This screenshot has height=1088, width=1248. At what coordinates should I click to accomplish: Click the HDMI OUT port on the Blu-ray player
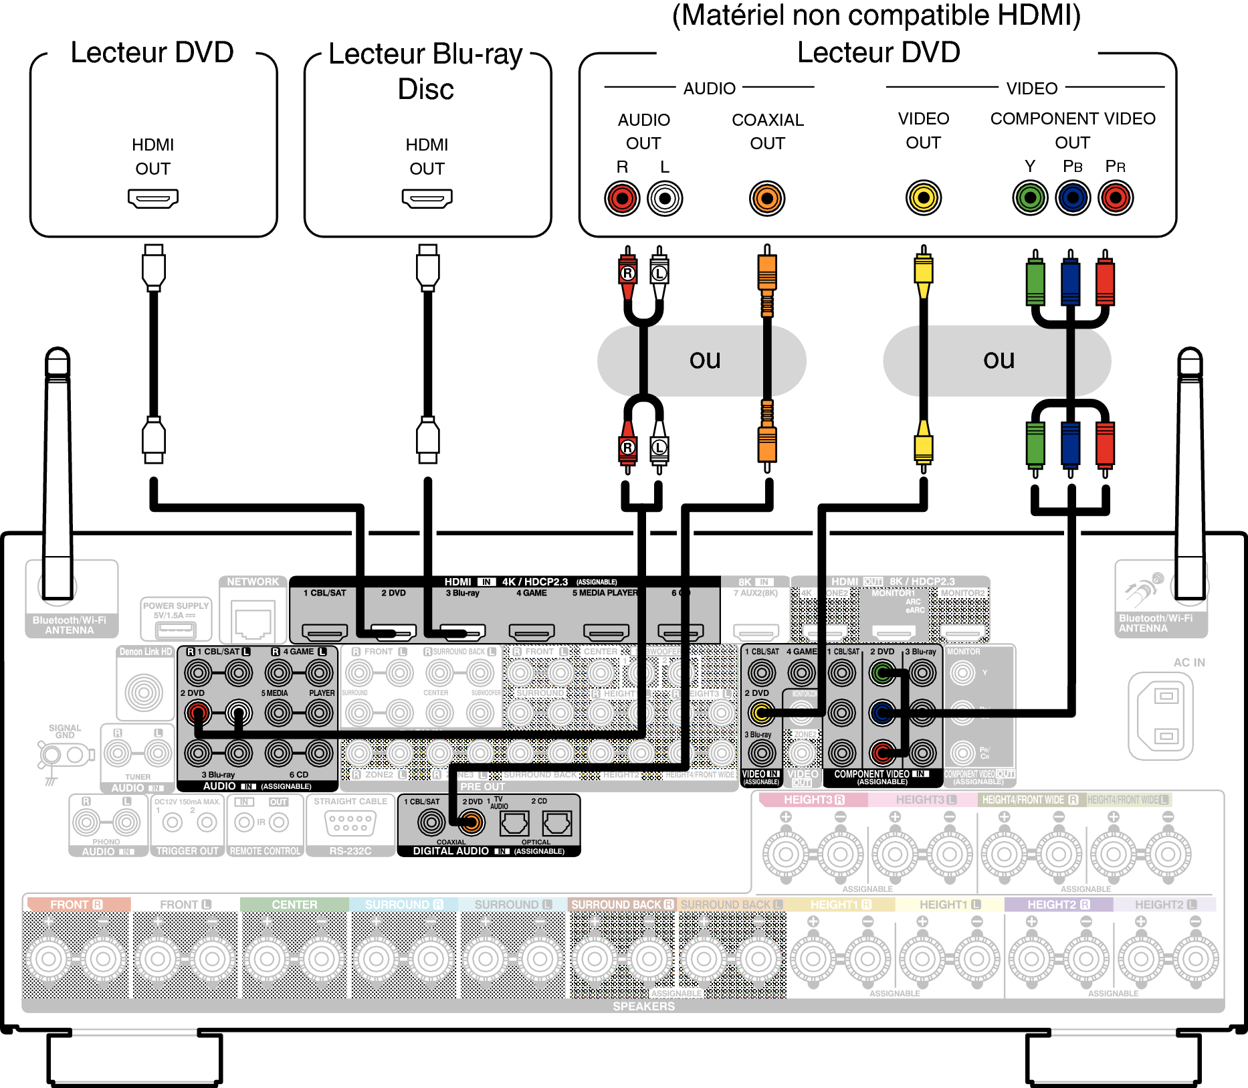[x=427, y=198]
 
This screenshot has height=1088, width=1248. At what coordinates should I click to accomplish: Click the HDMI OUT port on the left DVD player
[x=152, y=198]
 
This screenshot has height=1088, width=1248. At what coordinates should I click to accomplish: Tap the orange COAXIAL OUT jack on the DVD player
[x=766, y=198]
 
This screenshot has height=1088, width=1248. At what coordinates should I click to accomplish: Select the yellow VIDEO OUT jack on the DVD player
[x=923, y=198]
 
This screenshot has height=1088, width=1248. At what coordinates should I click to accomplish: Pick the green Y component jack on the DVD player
[x=1030, y=198]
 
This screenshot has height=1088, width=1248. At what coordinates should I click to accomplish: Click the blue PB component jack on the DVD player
[x=1073, y=198]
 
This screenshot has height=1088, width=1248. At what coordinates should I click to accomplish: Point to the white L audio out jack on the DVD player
[x=665, y=198]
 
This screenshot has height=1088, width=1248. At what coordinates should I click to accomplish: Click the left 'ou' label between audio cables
[x=704, y=360]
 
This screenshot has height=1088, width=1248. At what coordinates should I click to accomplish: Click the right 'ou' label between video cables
[x=999, y=360]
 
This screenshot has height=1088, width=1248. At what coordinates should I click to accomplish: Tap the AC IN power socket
[x=1165, y=716]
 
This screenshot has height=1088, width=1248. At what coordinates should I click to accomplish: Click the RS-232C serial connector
[x=349, y=822]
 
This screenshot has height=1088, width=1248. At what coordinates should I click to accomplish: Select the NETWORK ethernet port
[x=253, y=621]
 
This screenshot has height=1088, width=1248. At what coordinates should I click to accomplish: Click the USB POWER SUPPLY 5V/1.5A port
[x=175, y=630]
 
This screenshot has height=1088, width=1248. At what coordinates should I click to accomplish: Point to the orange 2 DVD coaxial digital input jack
[x=472, y=822]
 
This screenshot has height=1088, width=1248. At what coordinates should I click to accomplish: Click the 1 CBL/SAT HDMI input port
[x=325, y=631]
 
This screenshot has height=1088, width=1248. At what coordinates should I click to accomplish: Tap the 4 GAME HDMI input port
[x=532, y=631]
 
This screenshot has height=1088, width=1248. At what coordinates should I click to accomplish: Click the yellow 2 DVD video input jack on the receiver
[x=761, y=713]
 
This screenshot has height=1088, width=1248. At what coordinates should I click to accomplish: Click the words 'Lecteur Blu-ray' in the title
[x=425, y=55]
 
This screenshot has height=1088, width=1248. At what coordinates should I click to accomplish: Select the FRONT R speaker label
[x=76, y=904]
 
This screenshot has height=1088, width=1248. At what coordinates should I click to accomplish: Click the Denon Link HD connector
[x=144, y=692]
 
